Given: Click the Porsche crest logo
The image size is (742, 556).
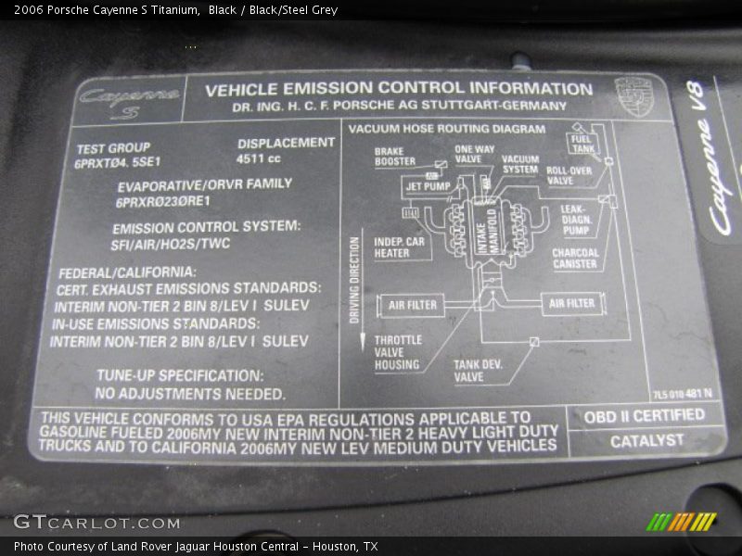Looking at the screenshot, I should [634, 96].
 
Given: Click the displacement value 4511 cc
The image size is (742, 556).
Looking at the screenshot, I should [258, 158].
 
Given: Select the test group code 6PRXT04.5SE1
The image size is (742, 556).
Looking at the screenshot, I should [118, 162].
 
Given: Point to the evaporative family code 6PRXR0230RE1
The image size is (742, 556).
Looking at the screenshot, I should [163, 201].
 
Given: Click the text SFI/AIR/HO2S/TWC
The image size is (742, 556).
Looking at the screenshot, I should [172, 244].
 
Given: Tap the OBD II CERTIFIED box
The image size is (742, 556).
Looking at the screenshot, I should [645, 416].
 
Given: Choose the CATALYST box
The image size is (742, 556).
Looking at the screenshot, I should [646, 441].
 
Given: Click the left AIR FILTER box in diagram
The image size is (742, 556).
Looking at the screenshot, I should [413, 305].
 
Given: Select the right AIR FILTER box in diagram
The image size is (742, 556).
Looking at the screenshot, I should [571, 303].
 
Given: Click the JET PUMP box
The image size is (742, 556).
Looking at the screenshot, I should [427, 186].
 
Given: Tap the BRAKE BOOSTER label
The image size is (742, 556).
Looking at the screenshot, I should [394, 156].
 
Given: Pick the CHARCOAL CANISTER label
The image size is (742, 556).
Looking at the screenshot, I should [575, 258].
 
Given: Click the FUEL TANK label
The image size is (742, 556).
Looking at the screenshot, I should [583, 144].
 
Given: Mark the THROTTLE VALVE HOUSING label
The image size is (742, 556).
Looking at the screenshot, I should [398, 352].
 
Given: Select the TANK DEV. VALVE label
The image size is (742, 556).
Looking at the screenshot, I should [478, 371].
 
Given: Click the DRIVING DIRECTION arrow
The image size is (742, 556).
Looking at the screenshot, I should [355, 287].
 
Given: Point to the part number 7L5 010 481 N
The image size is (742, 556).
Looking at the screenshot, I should [682, 394].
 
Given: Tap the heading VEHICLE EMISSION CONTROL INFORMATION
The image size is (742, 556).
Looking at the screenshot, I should [399, 89].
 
